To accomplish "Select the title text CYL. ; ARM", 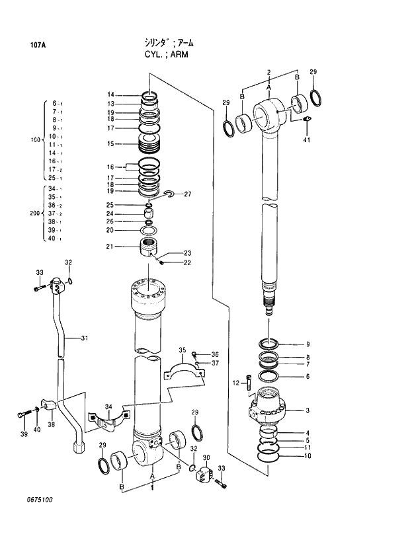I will (x=166, y=54).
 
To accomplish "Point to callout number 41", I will (x=307, y=139).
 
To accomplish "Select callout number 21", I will (x=111, y=247).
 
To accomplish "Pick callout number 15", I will (x=111, y=143).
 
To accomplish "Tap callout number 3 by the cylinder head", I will (x=307, y=410).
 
